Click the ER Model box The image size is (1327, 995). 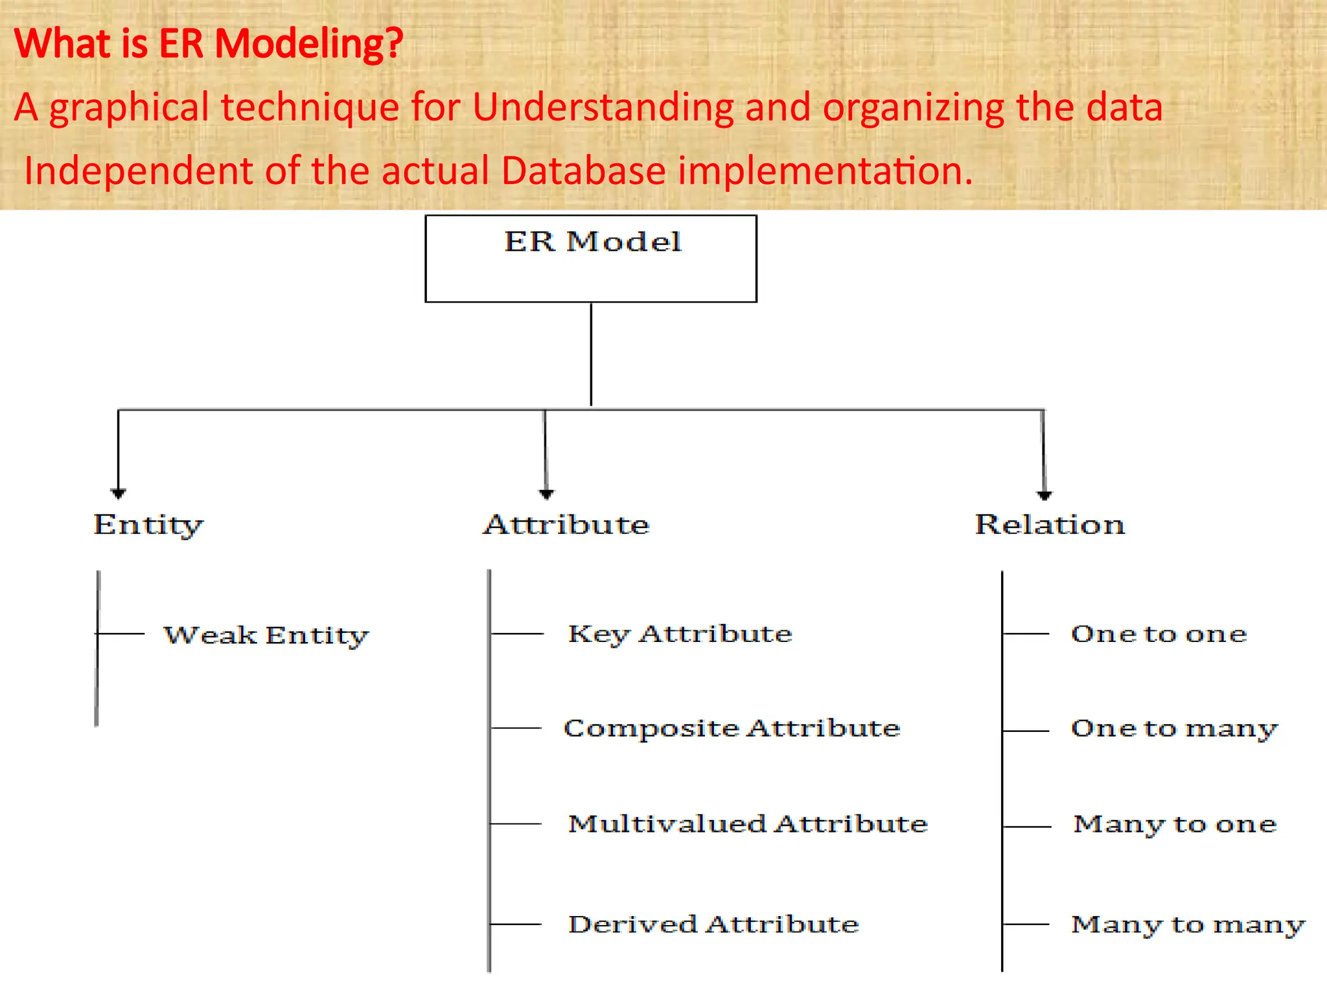pos(590,258)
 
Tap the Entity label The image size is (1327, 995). pos(148,525)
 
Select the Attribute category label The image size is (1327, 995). pos(566,525)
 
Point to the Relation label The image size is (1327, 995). pos(1050,525)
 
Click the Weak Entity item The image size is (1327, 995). pos(266,635)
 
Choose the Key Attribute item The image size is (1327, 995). pos(680,634)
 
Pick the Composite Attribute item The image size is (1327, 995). pos(732,728)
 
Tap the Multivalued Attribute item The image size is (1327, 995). pos(748,823)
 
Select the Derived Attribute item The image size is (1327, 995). pos(713,924)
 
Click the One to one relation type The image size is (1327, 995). pos(1159,634)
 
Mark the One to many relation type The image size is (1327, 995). pos(1174,729)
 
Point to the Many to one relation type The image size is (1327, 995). pos(1175,824)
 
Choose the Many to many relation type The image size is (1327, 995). pos(1188,924)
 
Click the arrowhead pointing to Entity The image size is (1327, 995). pos(118,494)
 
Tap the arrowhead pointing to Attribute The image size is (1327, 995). pos(546,494)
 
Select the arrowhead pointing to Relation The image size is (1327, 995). pos(1044,496)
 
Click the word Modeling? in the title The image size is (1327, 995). pos(309,44)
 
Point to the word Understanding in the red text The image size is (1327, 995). pos(603,107)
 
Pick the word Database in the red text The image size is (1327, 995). pos(583,171)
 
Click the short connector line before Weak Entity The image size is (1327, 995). pos(121,634)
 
